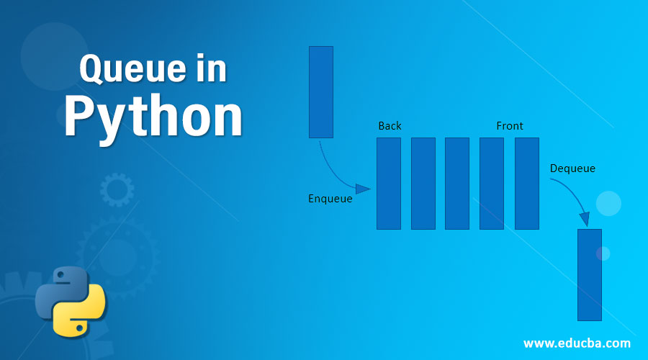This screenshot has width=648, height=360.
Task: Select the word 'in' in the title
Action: pyautogui.click(x=210, y=71)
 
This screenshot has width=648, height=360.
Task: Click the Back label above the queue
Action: pyautogui.click(x=390, y=126)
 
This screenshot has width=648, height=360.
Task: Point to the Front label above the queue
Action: pyautogui.click(x=510, y=126)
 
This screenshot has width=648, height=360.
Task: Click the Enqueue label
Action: pyautogui.click(x=330, y=199)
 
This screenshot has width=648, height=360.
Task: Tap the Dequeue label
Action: pyautogui.click(x=572, y=168)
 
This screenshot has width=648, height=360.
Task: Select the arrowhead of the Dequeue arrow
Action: pyautogui.click(x=585, y=219)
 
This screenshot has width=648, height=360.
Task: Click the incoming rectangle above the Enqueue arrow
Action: pyautogui.click(x=321, y=91)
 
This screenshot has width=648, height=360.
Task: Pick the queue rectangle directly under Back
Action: pyautogui.click(x=389, y=184)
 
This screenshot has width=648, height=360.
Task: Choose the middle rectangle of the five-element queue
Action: pyautogui.click(x=457, y=184)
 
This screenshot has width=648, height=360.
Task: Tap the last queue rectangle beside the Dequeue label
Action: pyautogui.click(x=527, y=184)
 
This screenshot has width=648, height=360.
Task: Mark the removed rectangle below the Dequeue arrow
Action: pyautogui.click(x=590, y=274)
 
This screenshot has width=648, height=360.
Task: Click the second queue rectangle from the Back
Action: pyautogui.click(x=423, y=184)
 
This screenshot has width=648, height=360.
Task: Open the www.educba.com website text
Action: pyautogui.click(x=577, y=343)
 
